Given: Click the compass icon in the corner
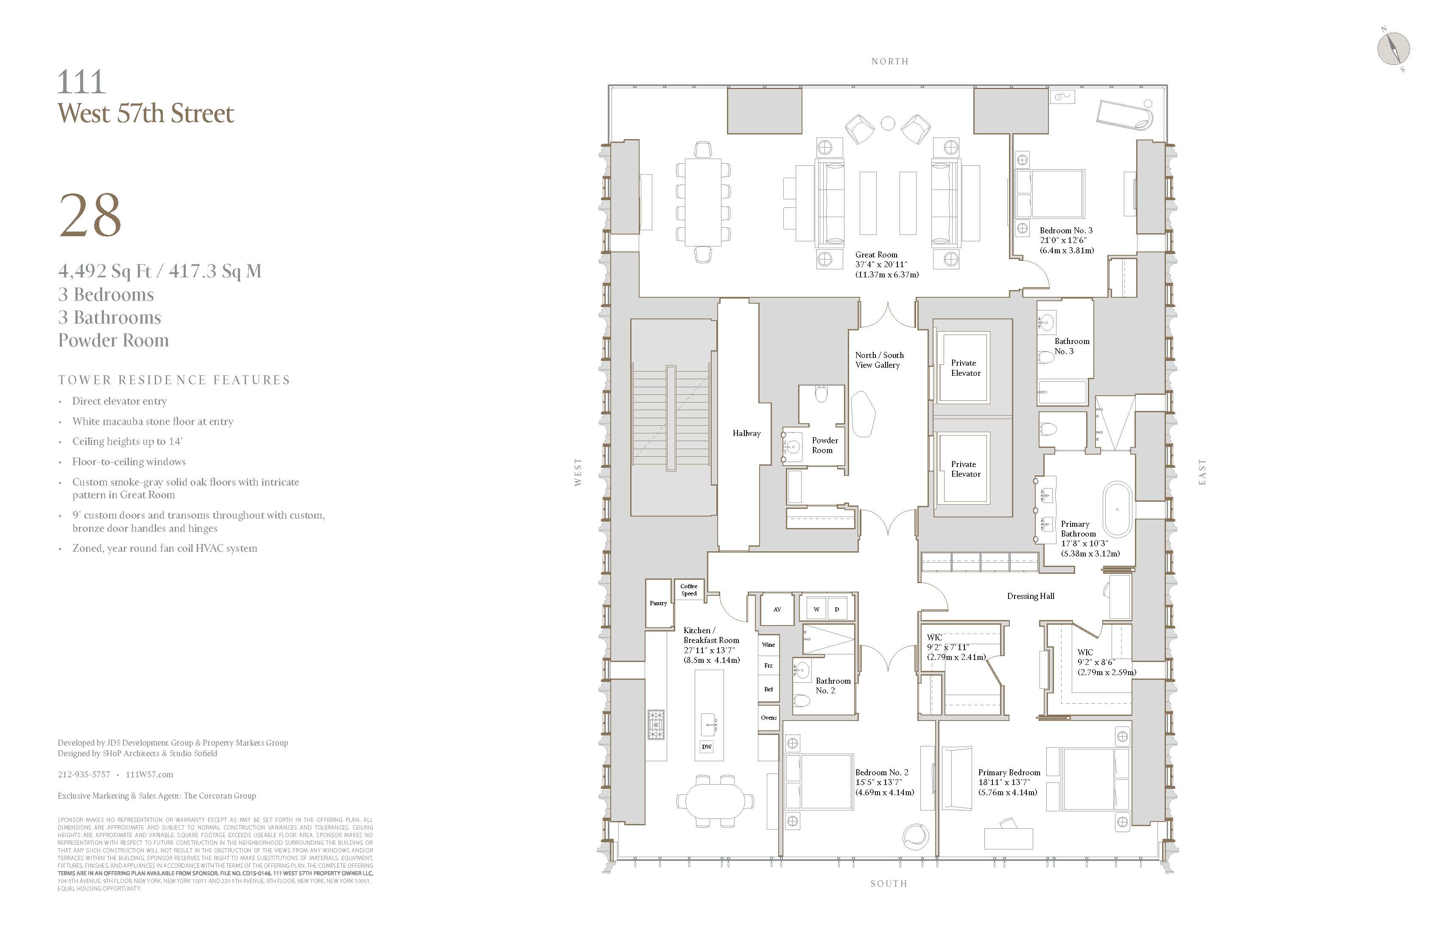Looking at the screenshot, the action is point(1394,48).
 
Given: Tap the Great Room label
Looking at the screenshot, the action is point(876,255).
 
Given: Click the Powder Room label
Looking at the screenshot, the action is point(824,445).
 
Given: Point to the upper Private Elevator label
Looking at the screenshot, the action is point(965,368).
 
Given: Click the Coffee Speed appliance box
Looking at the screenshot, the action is point(689,589).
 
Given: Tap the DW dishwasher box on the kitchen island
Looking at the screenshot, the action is point(707,747).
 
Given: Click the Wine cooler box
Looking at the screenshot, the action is point(768,645).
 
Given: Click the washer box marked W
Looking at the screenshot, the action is point(816,609).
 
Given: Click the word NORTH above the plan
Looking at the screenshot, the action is point(889,61).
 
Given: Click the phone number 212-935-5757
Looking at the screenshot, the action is point(84,774).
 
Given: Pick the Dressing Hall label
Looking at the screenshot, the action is point(1031,596).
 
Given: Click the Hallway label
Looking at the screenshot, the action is point(746,433).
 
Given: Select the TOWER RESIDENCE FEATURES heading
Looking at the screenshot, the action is point(174,380).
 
